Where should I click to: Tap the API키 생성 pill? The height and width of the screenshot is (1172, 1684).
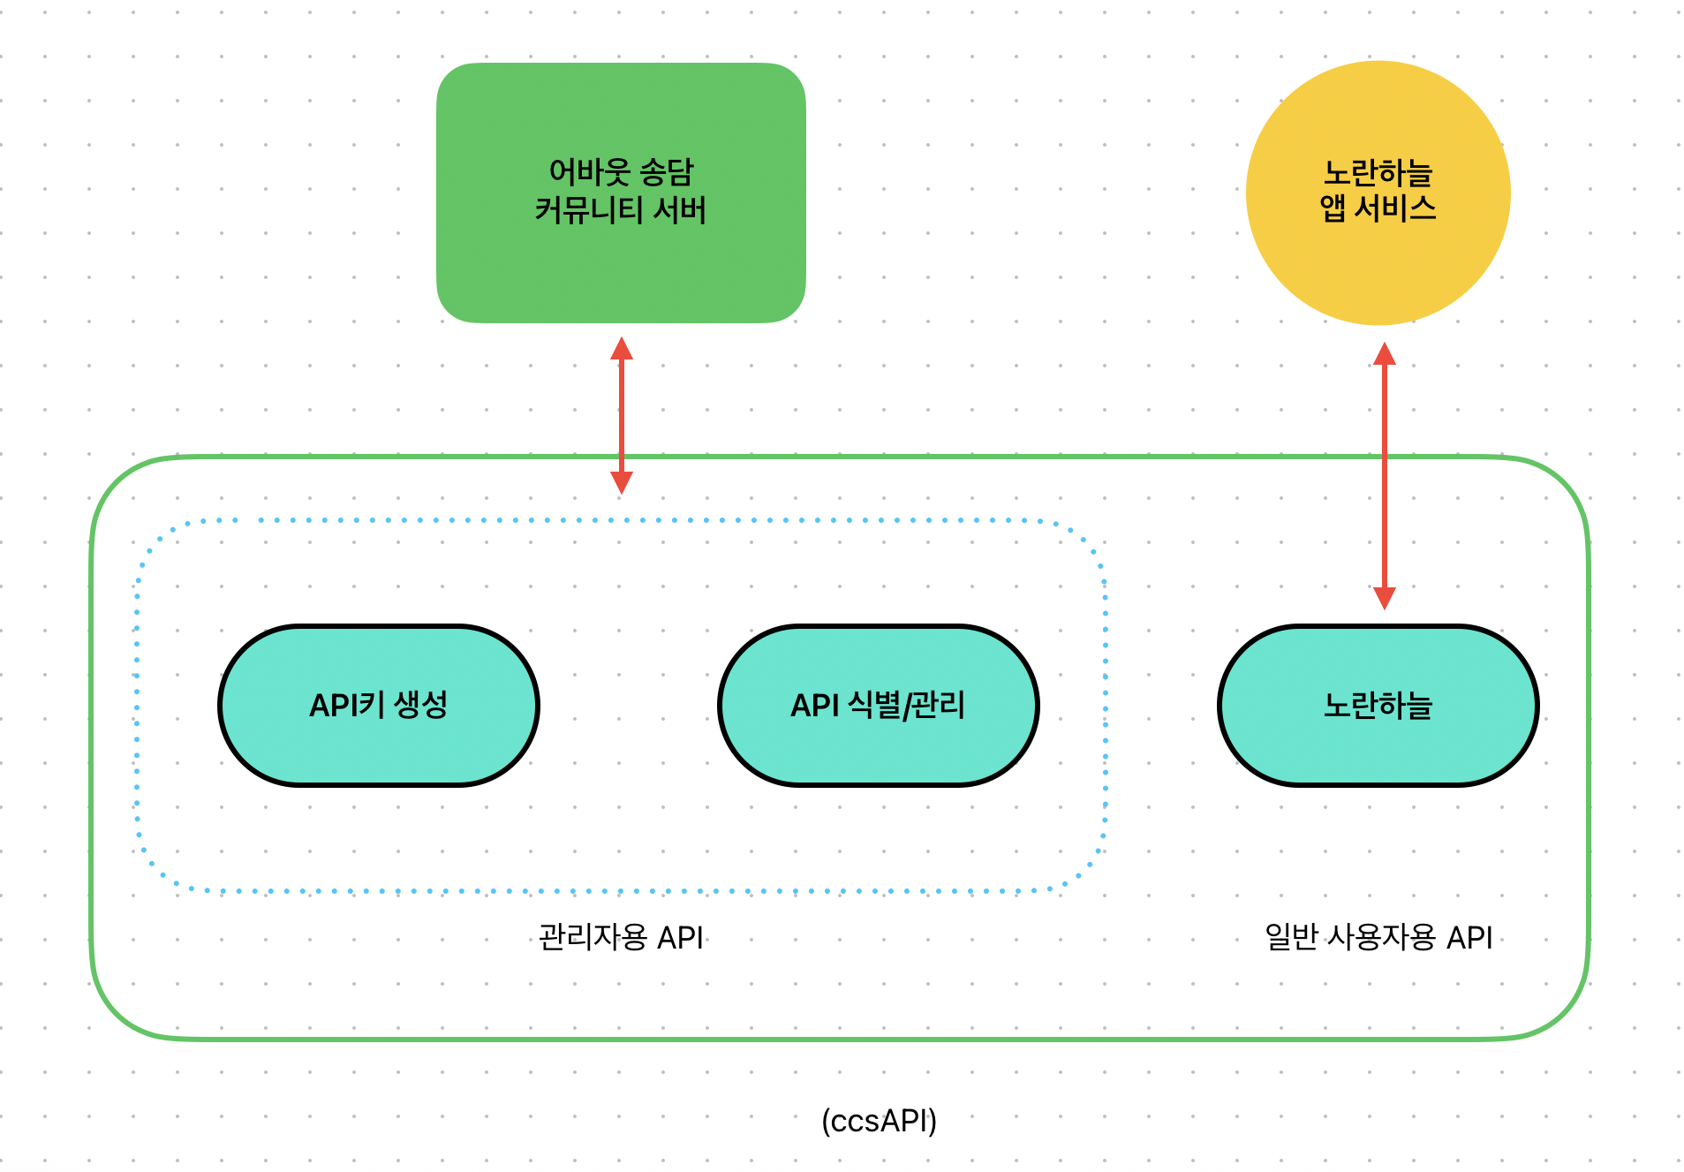click(x=379, y=706)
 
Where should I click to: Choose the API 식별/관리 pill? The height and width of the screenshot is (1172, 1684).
click(x=878, y=706)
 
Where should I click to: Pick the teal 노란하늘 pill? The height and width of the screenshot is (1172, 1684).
click(x=1378, y=706)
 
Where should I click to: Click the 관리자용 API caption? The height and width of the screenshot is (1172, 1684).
click(x=621, y=937)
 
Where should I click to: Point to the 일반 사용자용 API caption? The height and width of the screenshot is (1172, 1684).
click(x=1378, y=937)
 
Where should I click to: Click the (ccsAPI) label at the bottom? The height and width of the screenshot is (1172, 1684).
click(x=879, y=1121)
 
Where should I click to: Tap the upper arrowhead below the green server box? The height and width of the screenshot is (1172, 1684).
click(x=622, y=349)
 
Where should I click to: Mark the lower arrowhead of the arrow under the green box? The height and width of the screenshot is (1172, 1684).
click(x=622, y=481)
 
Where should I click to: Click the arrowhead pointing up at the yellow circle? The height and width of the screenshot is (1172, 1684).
click(x=1385, y=354)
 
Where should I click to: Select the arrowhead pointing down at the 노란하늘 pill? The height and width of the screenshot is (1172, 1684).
click(x=1385, y=598)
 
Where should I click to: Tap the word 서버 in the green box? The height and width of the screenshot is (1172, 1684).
click(x=680, y=210)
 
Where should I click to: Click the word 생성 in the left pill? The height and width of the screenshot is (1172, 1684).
click(x=421, y=705)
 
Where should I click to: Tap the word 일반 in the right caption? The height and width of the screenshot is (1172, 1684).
click(x=1292, y=937)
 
